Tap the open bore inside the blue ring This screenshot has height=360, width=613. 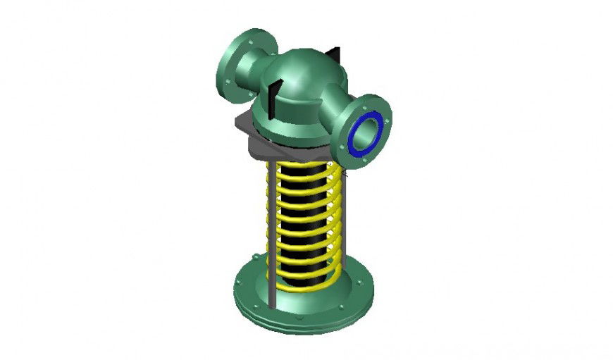point(367,132)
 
